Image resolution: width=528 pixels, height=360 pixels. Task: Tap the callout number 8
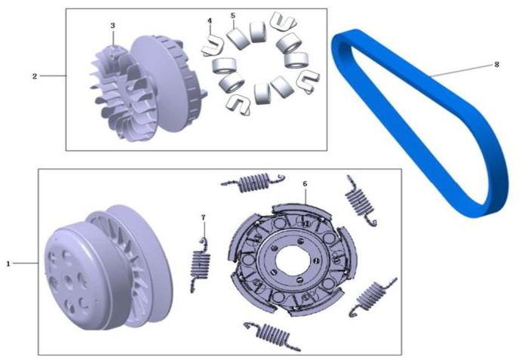[496, 64]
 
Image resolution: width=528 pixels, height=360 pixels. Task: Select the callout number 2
[35, 76]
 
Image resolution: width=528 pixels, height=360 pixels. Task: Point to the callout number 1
[8, 263]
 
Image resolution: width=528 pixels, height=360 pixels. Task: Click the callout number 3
[113, 25]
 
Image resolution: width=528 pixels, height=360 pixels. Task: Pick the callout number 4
[210, 21]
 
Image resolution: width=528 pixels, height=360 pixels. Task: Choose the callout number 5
[233, 16]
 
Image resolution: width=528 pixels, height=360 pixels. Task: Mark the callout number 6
[305, 183]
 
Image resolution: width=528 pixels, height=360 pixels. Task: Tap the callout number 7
[203, 217]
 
